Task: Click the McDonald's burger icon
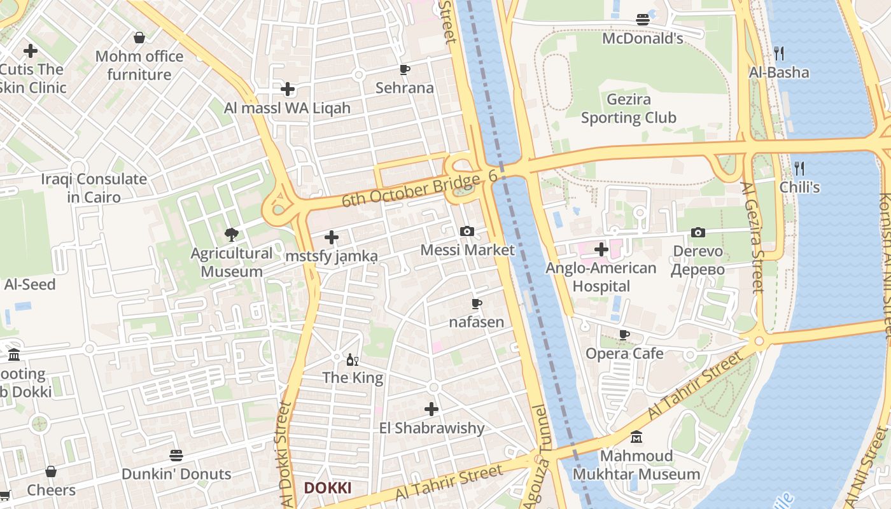[643, 20]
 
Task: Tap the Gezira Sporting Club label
[628, 109]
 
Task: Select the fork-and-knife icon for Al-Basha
[779, 53]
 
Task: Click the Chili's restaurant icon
[799, 169]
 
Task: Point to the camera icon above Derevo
[698, 232]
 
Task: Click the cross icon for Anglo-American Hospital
[601, 249]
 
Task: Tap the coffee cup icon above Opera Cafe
[624, 335]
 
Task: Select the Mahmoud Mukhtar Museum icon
[636, 437]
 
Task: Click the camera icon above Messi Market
[467, 231]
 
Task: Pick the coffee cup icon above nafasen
[476, 303]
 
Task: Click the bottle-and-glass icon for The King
[352, 359]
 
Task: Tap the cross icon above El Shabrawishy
[431, 408]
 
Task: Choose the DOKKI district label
[327, 488]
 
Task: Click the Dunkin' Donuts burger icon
[176, 456]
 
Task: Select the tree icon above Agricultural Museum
[232, 235]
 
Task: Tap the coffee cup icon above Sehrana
[404, 69]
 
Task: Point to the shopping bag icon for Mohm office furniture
[139, 38]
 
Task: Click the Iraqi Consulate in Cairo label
[94, 188]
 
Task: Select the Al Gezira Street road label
[752, 237]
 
